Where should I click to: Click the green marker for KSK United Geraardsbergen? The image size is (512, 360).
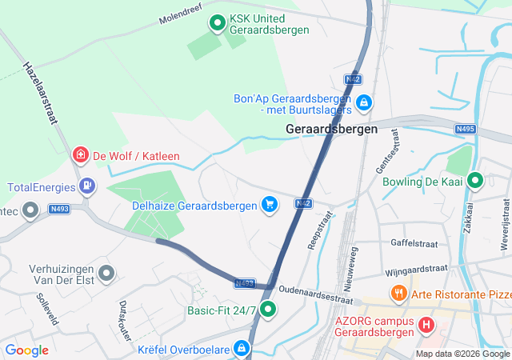(x=217, y=24)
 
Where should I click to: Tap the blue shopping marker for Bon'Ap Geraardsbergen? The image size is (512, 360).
(x=364, y=102)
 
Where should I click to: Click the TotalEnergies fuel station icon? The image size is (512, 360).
(x=86, y=187)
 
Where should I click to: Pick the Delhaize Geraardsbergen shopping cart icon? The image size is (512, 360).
(x=270, y=206)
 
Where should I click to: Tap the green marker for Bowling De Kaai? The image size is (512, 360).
(x=475, y=182)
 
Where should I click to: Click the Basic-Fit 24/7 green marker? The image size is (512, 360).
(x=269, y=310)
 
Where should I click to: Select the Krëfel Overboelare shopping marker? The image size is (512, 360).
(x=242, y=348)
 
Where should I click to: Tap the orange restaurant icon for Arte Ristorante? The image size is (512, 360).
(x=398, y=294)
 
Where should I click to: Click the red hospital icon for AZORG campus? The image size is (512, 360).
(x=426, y=326)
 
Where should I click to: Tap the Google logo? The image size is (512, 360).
(x=26, y=350)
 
